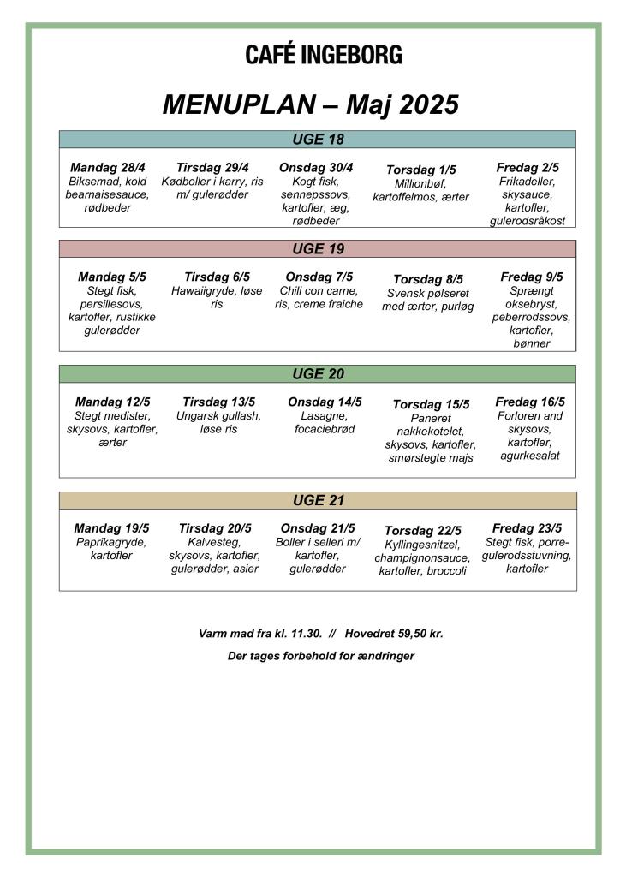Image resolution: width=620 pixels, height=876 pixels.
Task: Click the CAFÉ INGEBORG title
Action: (x=323, y=56)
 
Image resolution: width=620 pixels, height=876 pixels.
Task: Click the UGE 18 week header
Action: (x=318, y=140)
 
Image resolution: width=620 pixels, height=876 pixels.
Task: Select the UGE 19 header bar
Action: (x=318, y=249)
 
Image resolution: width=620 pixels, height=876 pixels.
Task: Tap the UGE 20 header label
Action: (x=318, y=374)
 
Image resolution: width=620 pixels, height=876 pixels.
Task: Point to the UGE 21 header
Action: (x=318, y=500)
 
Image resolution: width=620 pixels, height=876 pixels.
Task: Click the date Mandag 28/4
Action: (x=108, y=168)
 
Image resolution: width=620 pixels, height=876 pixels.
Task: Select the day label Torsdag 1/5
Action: (x=421, y=170)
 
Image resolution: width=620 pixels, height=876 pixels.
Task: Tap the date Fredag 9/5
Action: (x=532, y=277)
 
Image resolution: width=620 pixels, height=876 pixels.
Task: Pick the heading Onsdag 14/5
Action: (x=325, y=402)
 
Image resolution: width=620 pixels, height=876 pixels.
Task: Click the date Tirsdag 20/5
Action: (x=215, y=528)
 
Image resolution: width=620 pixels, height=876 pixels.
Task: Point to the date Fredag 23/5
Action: (x=527, y=527)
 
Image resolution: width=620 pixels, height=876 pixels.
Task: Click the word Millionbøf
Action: (x=420, y=183)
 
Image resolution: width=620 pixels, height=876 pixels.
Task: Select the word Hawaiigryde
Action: (x=200, y=290)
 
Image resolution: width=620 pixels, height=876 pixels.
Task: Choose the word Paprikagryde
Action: (x=111, y=542)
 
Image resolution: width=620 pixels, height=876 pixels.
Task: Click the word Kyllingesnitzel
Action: (x=422, y=545)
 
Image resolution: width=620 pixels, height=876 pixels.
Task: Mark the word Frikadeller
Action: (x=527, y=182)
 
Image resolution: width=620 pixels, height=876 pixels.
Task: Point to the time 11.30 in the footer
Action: (x=306, y=634)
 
